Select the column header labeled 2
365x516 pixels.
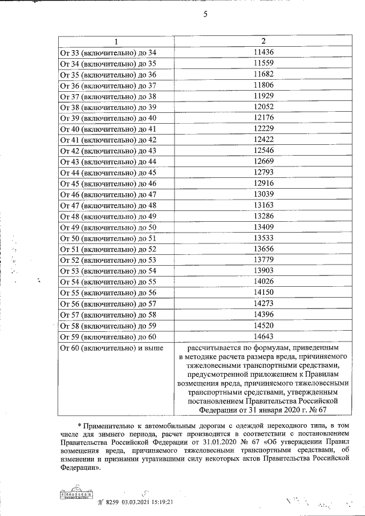(x=263, y=42)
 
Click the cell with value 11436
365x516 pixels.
(x=263, y=52)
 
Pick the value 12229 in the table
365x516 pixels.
(x=263, y=129)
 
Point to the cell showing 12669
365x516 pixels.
(x=263, y=161)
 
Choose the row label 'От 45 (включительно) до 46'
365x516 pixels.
(x=108, y=183)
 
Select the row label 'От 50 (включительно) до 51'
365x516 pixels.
(x=108, y=238)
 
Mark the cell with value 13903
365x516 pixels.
(x=263, y=270)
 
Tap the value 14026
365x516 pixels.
(x=263, y=281)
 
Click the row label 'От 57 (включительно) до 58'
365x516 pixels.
(x=108, y=314)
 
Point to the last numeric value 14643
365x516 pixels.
(x=263, y=336)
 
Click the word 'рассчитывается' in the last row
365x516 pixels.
(x=214, y=347)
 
